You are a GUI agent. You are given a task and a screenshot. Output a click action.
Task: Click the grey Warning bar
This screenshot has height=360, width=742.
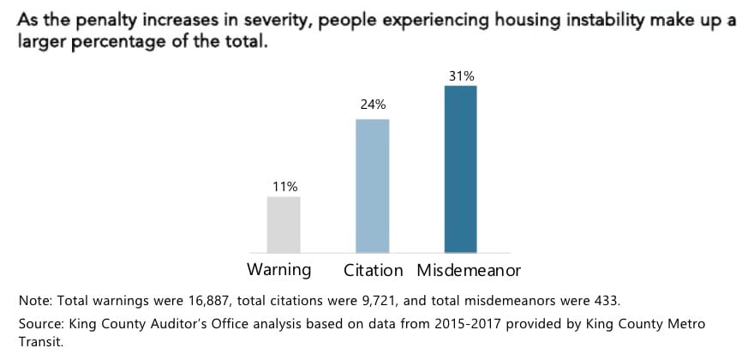point(284,225)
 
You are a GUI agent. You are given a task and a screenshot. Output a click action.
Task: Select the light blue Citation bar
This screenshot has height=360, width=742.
point(372,186)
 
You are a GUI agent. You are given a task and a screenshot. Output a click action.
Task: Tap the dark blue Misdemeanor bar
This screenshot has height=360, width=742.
point(460,169)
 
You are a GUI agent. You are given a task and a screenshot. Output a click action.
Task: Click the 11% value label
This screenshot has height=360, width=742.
point(284,186)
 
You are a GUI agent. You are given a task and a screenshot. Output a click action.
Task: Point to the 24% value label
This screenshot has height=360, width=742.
point(372,105)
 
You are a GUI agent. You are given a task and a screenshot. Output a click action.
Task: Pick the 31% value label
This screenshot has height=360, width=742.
point(461,76)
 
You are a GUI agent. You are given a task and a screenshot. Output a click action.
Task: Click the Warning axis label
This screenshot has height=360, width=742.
point(278,270)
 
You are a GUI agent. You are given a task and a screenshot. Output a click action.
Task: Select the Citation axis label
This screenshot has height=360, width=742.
point(374,270)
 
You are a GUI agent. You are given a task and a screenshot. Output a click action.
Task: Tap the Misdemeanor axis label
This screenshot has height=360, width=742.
point(469,270)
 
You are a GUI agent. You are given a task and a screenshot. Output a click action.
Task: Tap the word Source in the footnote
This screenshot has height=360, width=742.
point(39,323)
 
